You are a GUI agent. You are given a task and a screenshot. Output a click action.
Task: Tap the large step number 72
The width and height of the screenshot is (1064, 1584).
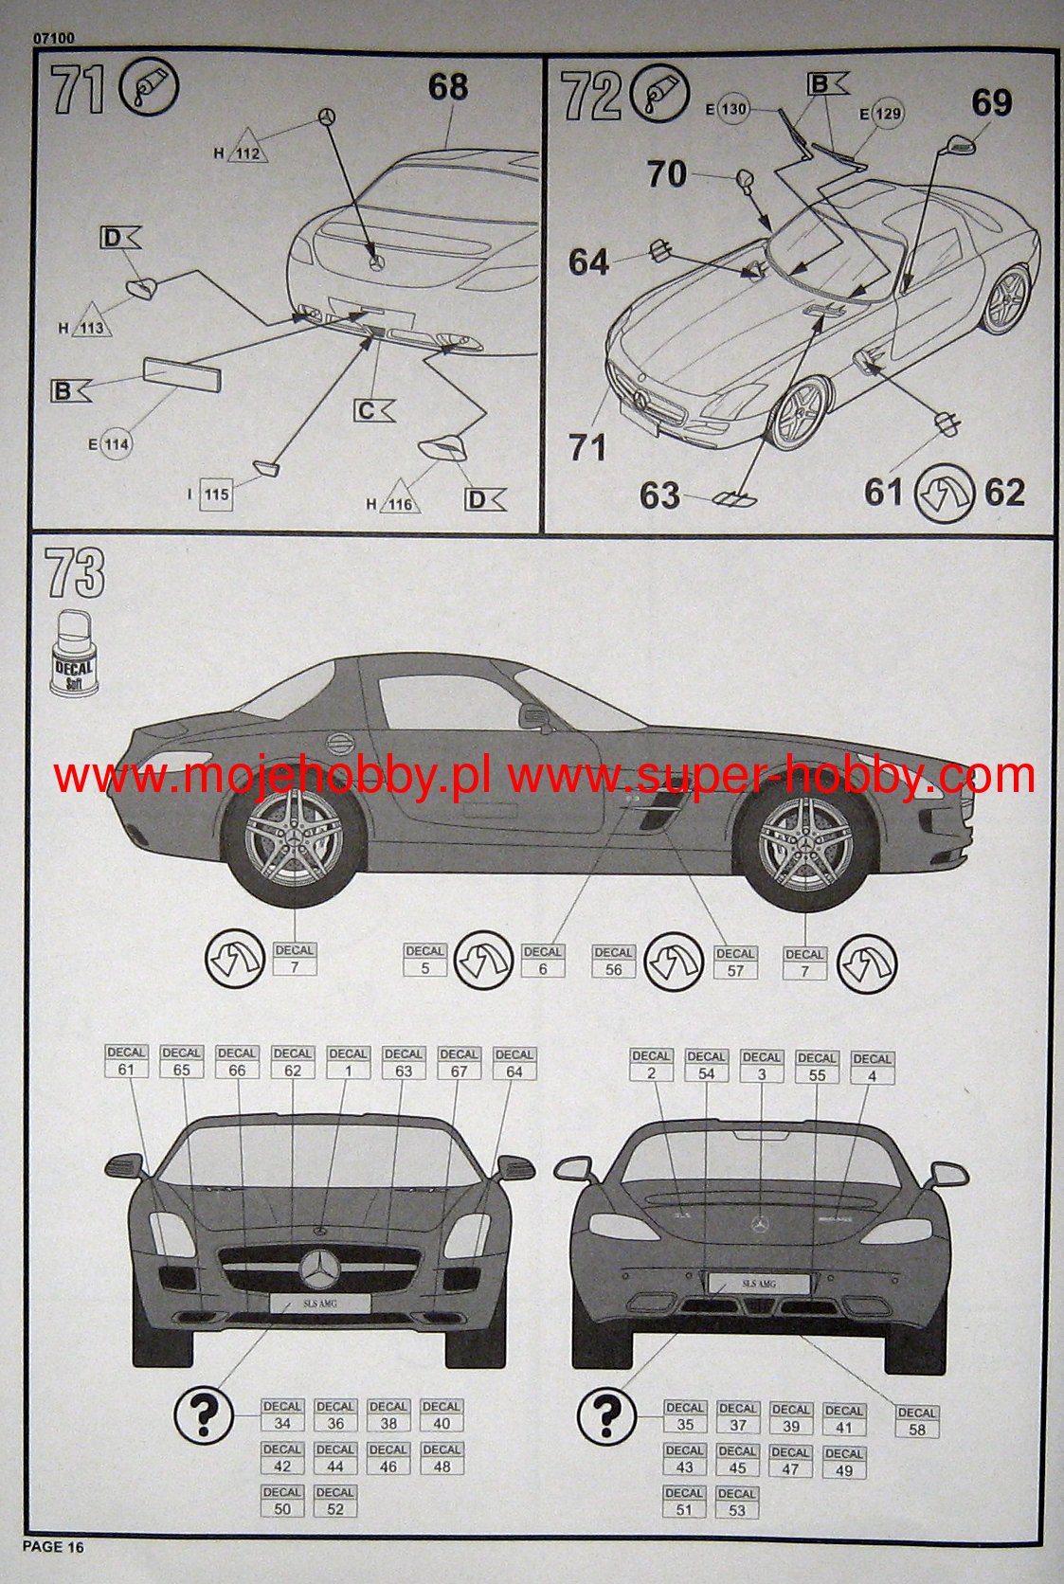coord(591,97)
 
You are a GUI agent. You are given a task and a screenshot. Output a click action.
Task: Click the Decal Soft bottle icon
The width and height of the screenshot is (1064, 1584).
coord(74,654)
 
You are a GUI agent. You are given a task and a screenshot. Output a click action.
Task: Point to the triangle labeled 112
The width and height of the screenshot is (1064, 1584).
coord(247,147)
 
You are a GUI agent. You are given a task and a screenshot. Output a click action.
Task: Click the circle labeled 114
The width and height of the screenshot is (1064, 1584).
coord(117,444)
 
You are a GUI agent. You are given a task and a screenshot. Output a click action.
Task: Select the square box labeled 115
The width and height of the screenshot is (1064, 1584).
coord(216,495)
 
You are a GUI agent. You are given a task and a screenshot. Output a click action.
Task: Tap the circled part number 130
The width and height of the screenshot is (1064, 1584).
coord(733,109)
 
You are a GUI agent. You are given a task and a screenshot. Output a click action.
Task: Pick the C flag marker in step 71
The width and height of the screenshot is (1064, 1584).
coord(373,411)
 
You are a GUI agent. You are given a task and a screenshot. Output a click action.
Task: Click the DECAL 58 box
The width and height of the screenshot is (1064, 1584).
coord(916,1422)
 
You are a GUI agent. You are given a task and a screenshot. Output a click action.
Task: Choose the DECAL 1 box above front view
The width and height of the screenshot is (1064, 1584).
coord(348,1063)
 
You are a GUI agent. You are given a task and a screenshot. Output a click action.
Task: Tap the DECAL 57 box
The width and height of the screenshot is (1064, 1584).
coord(735,963)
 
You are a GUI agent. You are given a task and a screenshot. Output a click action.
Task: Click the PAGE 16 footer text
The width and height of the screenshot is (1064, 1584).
coord(53,1546)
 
